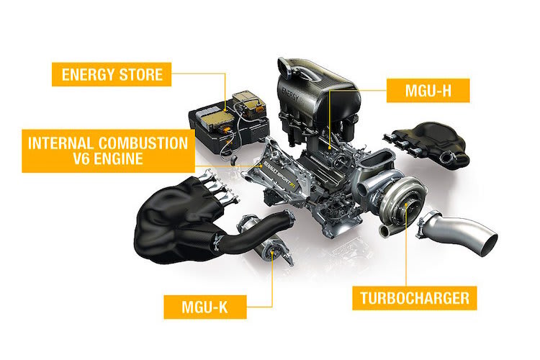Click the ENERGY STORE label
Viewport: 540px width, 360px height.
(x=112, y=74)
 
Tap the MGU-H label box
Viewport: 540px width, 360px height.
(x=428, y=91)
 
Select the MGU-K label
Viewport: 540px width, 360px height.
(x=205, y=307)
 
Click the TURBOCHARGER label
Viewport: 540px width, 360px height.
(x=415, y=298)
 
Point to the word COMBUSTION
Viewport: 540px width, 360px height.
(x=143, y=143)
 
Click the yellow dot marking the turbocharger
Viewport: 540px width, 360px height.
(x=406, y=204)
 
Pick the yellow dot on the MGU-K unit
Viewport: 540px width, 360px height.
(x=272, y=253)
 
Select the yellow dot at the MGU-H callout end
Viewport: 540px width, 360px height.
(x=330, y=148)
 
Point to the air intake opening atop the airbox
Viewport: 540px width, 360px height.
(x=286, y=66)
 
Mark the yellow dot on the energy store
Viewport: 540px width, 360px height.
(x=225, y=110)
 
